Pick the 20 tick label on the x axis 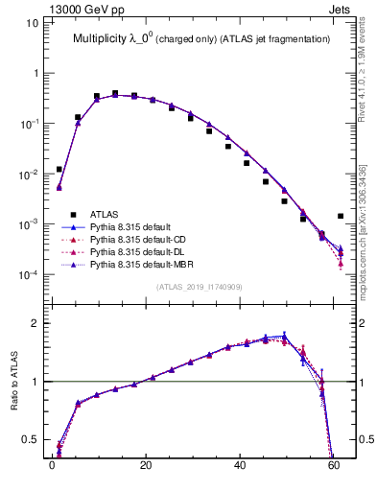point(145,471)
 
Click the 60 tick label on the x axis point(332,471)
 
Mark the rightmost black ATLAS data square point(341,217)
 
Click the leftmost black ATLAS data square point(59,169)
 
